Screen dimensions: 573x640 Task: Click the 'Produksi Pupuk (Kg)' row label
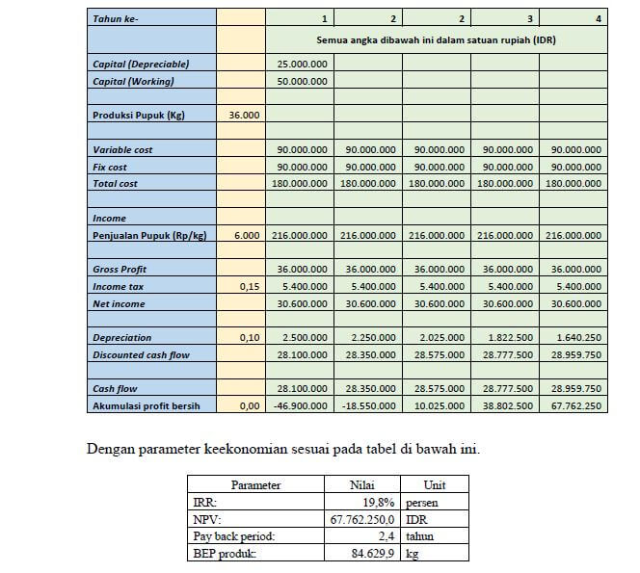tap(139, 116)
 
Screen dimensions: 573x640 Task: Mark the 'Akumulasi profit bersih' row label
tap(146, 406)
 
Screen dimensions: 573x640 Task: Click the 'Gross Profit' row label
tap(120, 270)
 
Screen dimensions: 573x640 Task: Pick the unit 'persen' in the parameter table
tap(424, 502)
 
